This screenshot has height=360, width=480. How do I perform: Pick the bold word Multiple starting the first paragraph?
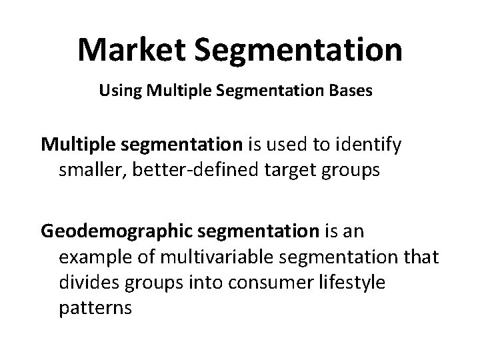77,143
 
